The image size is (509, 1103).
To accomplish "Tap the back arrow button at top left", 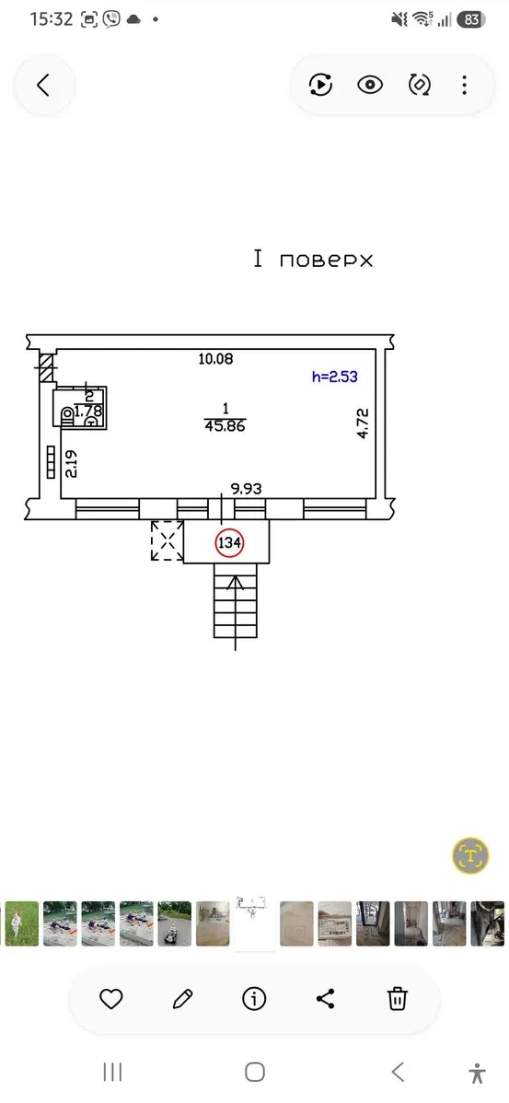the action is pos(43,85).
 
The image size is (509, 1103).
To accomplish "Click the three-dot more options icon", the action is pos(464,85).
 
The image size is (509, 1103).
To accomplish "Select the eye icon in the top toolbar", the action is pos(370,85).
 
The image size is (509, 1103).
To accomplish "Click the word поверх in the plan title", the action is pos(326,261).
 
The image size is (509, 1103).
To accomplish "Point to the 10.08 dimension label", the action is pos(215,359).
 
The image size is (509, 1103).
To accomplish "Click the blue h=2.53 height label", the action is pos(335,377).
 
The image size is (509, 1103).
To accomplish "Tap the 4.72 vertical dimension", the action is pos(363,423).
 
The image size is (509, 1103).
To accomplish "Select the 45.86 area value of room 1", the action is pos(225,425).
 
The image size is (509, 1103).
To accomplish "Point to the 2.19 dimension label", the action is pos(70,464).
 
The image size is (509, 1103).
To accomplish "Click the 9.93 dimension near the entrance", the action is pos(247,487).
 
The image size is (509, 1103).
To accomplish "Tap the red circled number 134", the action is pos(230,542).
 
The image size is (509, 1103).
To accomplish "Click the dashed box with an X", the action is pos(168,541).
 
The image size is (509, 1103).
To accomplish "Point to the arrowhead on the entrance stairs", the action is pos(236,582).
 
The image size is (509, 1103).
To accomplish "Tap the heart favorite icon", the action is pos(111,998).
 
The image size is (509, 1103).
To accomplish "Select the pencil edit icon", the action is pos(183,998).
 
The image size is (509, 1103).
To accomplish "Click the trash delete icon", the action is pos(398,998).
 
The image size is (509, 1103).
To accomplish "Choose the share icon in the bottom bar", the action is pos(325,998).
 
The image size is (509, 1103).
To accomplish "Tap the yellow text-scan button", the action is pos(470,855).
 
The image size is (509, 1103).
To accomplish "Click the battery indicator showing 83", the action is pos(471,19).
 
